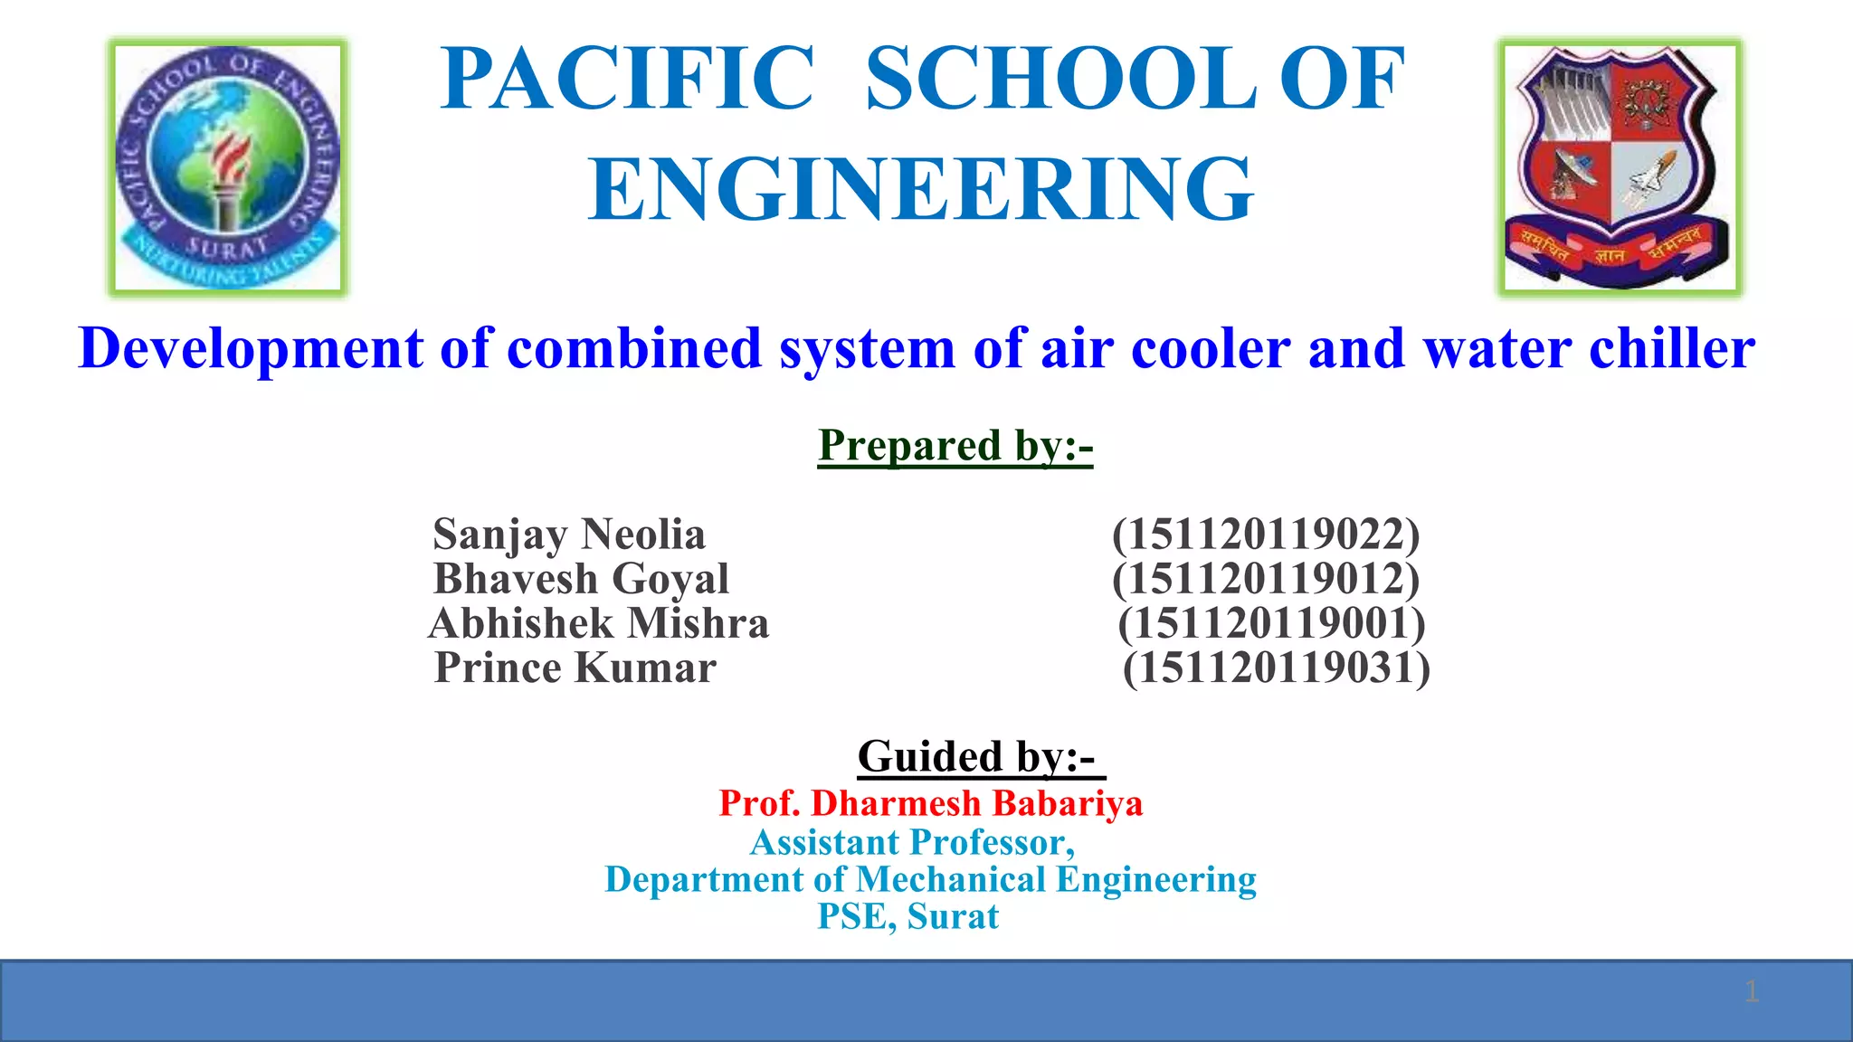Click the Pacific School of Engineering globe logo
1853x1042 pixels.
(228, 167)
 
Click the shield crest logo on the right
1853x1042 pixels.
(1619, 167)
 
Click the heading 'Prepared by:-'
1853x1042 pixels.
(955, 446)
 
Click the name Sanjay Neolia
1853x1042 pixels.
(568, 534)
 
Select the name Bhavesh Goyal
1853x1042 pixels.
(581, 579)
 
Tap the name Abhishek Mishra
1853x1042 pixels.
(599, 623)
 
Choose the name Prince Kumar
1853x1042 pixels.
(575, 668)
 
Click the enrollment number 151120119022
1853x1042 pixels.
(1266, 534)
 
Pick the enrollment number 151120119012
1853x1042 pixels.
(1266, 579)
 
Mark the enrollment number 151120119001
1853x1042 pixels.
(1271, 623)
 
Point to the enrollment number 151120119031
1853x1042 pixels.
(1277, 668)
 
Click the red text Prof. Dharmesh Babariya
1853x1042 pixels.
(931, 803)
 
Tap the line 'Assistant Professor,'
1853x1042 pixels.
(912, 842)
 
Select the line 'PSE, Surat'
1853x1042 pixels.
(908, 916)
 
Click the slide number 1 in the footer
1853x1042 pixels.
(1752, 991)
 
